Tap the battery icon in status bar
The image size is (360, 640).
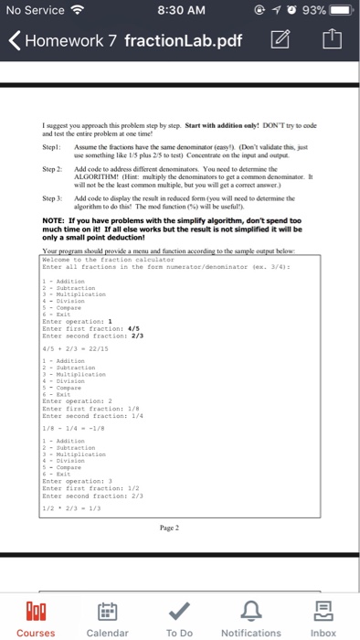tap(339, 12)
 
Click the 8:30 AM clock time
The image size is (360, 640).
tap(179, 12)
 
